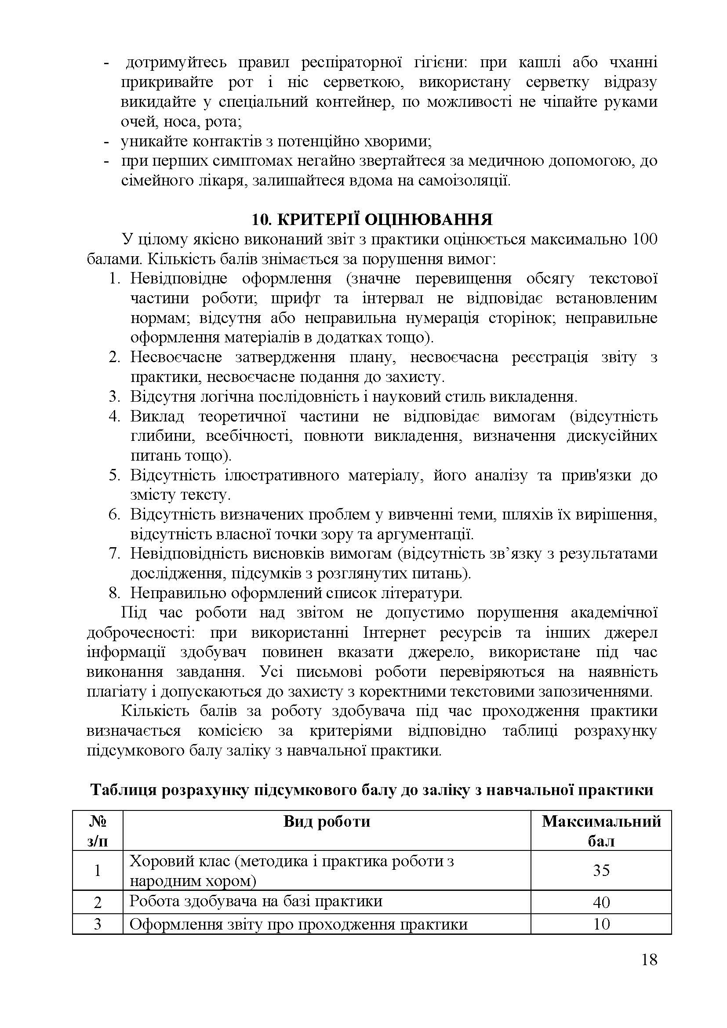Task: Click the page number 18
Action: pos(649,972)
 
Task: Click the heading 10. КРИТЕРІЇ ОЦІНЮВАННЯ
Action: pos(371,219)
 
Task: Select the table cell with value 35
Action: pos(601,870)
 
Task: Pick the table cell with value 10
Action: pos(601,924)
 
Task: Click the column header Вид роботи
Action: pos(326,821)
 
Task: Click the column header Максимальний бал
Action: pos(601,831)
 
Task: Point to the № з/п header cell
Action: pos(98,831)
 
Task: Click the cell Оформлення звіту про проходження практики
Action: pos(298,924)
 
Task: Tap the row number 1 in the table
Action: pos(98,870)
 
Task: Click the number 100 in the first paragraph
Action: pos(643,240)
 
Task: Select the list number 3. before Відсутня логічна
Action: pos(115,397)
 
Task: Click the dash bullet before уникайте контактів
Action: pos(106,142)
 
